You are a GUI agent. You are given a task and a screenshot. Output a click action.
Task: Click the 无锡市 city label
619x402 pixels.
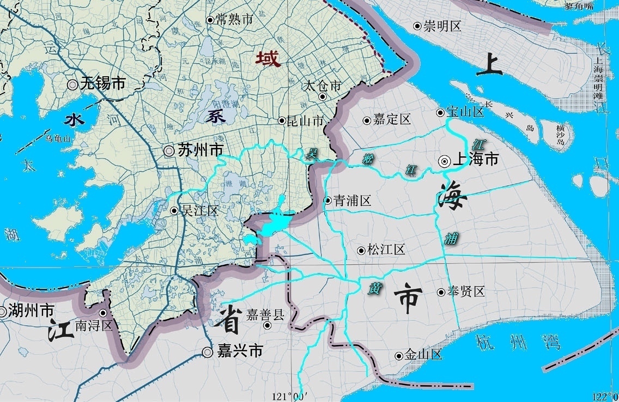coord(103,84)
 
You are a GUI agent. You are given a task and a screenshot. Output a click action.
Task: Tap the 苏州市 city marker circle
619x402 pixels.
coord(169,151)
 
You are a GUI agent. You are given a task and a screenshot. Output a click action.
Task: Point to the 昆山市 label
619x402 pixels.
coord(305,121)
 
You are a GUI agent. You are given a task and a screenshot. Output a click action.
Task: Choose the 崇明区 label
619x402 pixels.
coord(442,26)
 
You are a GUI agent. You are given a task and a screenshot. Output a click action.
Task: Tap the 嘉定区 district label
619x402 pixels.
coord(392,120)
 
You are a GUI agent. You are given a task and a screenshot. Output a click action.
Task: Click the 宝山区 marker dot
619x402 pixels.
coord(440,113)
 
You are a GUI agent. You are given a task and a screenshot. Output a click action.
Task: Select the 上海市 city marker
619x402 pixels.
coord(444,160)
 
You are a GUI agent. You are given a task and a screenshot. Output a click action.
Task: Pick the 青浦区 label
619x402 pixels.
coord(352,200)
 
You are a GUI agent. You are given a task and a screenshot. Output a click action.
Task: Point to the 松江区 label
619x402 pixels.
coord(386,250)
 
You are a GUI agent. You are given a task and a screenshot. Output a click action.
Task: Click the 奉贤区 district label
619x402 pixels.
coord(466,292)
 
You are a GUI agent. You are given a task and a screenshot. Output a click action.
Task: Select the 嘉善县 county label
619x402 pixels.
coord(265,314)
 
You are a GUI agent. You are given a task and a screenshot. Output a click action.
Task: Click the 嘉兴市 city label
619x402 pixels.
coord(240,352)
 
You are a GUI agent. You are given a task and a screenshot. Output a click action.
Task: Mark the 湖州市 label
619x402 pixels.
coord(31,311)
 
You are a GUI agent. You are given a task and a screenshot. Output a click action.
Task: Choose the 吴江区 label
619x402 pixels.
coord(199,210)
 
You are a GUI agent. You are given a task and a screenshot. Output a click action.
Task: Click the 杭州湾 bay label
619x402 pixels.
coord(518,343)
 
